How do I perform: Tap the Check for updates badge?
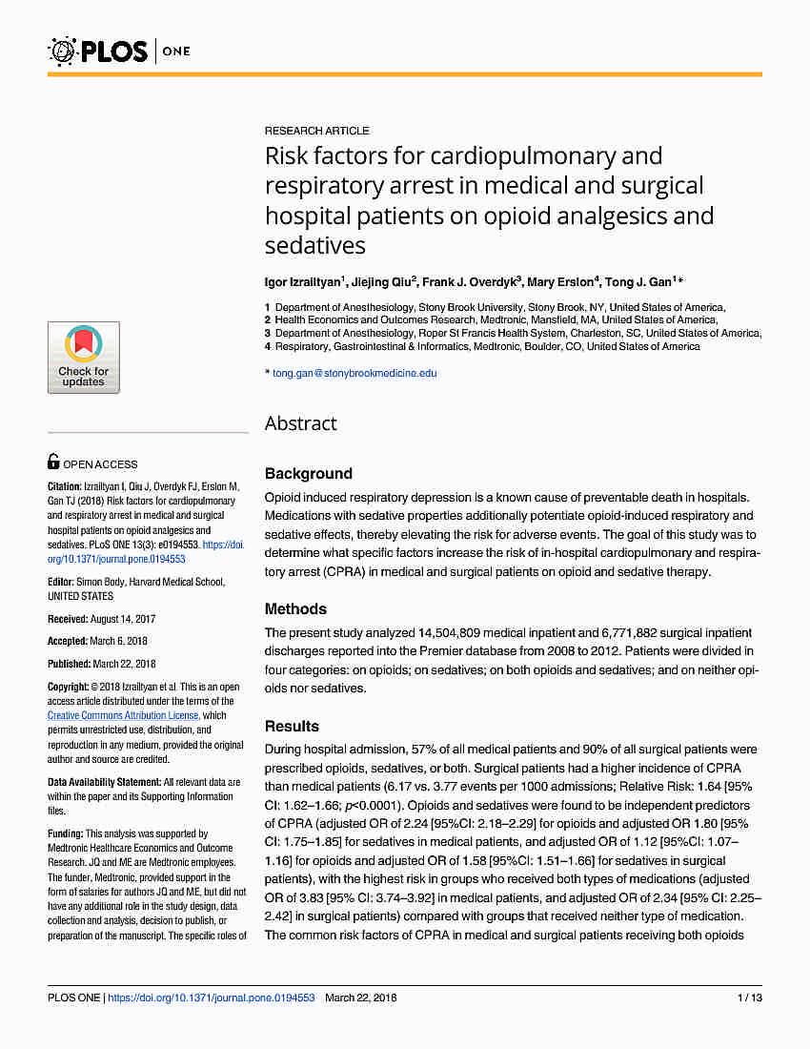point(84,358)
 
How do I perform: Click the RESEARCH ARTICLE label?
point(316,131)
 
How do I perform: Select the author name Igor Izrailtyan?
point(301,282)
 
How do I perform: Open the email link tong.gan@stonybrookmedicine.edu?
point(354,373)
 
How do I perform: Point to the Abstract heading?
point(300,423)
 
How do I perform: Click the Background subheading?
point(308,473)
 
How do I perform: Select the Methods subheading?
point(295,608)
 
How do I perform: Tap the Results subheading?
point(292,726)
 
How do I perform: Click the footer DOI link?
point(211,998)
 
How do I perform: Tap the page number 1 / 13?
point(748,998)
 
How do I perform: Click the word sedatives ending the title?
point(314,245)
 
